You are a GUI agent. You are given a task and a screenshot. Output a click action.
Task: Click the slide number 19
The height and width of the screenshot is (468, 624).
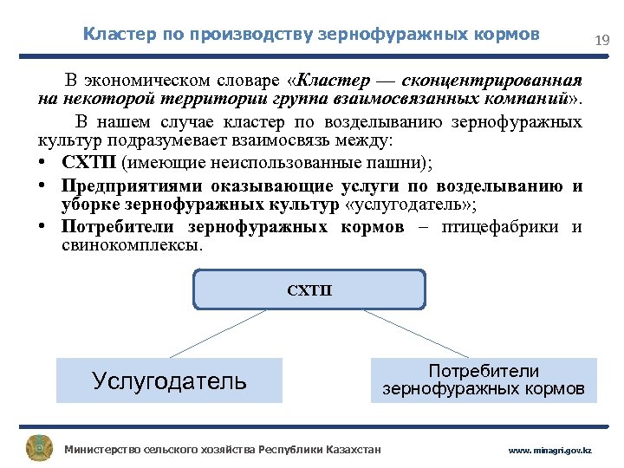pyautogui.click(x=601, y=40)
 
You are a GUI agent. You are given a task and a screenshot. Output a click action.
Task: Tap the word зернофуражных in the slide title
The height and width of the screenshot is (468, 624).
pyautogui.click(x=379, y=35)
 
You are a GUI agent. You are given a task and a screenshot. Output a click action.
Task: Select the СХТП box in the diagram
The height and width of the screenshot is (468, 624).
pyautogui.click(x=309, y=289)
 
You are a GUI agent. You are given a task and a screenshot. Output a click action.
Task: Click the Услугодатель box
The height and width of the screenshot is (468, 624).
pyautogui.click(x=169, y=380)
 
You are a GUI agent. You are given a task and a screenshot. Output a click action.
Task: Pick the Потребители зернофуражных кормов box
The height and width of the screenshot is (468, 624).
pyautogui.click(x=484, y=380)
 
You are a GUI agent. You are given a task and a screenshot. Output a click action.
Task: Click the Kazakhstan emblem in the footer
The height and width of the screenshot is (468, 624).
pyautogui.click(x=39, y=448)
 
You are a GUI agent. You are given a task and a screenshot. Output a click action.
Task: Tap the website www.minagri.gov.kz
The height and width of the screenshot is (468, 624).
pyautogui.click(x=549, y=451)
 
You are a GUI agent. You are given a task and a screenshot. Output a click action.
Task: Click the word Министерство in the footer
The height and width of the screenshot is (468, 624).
pyautogui.click(x=102, y=450)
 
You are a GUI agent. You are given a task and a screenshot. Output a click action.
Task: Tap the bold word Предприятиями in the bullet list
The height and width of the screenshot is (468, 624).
pyautogui.click(x=121, y=185)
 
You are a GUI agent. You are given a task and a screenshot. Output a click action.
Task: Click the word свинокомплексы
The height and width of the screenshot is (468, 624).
pyautogui.click(x=130, y=246)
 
